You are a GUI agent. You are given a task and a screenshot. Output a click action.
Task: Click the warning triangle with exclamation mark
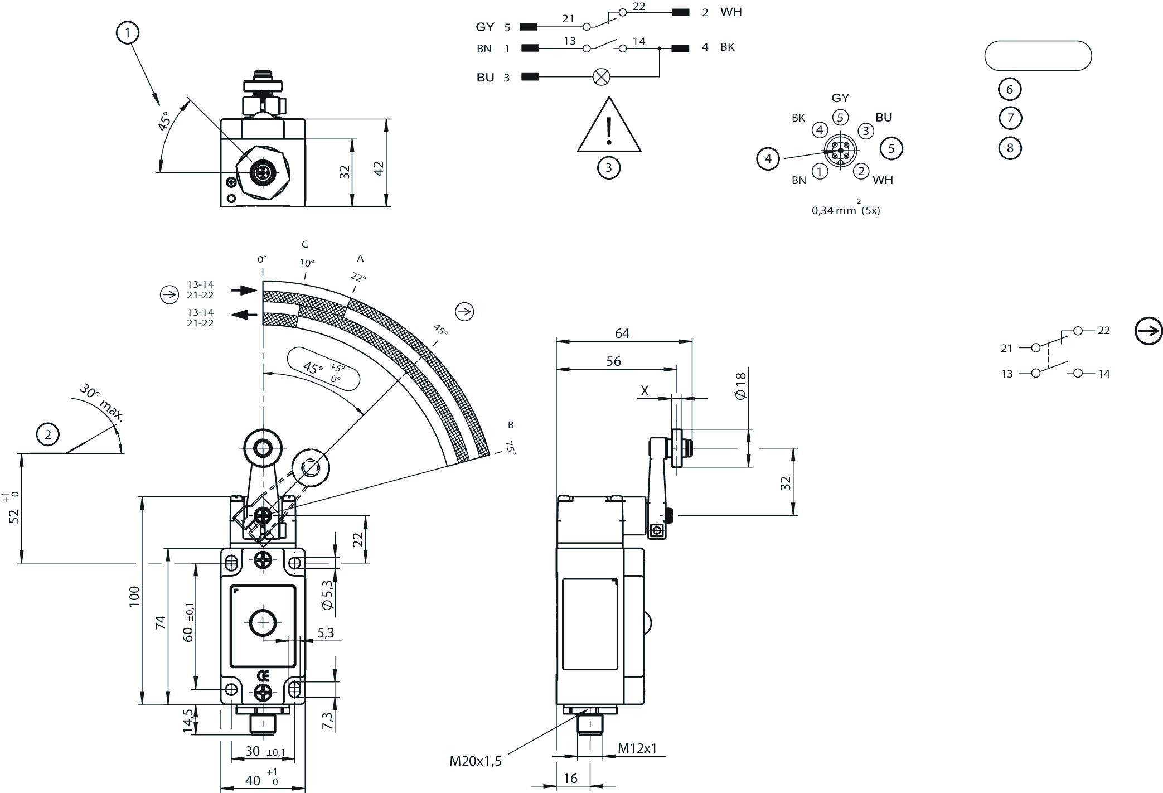pos(609,125)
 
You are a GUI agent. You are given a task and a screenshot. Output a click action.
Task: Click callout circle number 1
pos(128,33)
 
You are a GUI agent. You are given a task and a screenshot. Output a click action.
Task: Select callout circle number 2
pos(48,434)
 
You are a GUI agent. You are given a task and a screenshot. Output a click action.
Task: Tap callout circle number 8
pos(1010,148)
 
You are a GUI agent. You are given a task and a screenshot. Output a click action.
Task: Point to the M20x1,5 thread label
pos(476,761)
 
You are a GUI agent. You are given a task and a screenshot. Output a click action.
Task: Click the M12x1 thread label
pos(638,748)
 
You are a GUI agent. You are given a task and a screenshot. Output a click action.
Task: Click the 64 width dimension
pos(622,333)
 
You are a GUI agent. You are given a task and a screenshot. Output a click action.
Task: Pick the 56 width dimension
pos(613,361)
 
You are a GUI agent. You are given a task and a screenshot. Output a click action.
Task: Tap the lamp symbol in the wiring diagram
pos(600,77)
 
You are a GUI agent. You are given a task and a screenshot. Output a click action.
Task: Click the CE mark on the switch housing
pos(263,676)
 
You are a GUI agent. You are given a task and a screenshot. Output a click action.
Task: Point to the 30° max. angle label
pos(101,402)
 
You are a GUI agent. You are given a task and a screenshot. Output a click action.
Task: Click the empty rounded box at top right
pos(1038,56)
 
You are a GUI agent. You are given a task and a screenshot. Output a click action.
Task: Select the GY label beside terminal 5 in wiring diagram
pos(485,27)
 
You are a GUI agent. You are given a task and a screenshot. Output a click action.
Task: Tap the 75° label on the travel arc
pos(510,448)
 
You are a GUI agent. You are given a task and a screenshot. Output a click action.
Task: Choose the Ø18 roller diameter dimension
pos(740,386)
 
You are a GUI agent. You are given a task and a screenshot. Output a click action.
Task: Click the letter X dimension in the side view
pos(645,390)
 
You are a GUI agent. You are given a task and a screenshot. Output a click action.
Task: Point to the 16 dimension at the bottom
pos(570,778)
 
